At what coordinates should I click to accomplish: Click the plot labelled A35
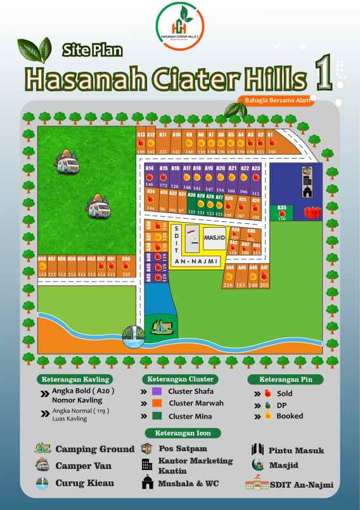pyautogui.click(x=282, y=212)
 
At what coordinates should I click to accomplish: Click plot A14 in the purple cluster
pyautogui.click(x=150, y=176)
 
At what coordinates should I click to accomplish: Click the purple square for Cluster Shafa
pyautogui.click(x=157, y=391)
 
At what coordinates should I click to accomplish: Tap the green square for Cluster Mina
pyautogui.click(x=157, y=416)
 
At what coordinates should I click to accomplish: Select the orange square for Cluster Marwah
pyautogui.click(x=157, y=403)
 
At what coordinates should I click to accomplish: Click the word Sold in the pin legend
pyautogui.click(x=285, y=393)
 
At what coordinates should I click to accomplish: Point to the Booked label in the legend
pyautogui.click(x=289, y=416)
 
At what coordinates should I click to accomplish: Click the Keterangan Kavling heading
pyautogui.click(x=76, y=379)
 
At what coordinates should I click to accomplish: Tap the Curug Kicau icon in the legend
pyautogui.click(x=42, y=483)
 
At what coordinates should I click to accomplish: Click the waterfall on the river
pyautogui.click(x=134, y=335)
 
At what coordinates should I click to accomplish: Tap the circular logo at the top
pyautogui.click(x=180, y=25)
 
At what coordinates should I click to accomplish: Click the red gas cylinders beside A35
pyautogui.click(x=311, y=213)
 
